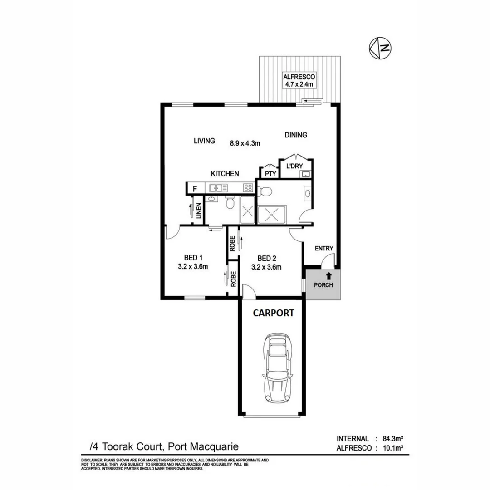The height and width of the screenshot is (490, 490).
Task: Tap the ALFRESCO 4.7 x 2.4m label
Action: pyautogui.click(x=299, y=80)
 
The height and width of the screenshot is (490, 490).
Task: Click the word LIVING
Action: pyautogui.click(x=204, y=141)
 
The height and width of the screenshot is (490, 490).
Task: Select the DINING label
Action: pyautogui.click(x=296, y=135)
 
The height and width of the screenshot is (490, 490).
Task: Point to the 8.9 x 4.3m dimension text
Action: pyautogui.click(x=245, y=143)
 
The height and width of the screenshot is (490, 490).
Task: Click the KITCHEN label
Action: pyautogui.click(x=225, y=173)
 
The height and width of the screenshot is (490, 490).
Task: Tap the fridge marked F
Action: pyautogui.click(x=195, y=188)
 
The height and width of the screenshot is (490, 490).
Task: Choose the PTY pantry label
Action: pyautogui.click(x=270, y=173)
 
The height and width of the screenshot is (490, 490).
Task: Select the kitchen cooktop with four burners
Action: pyautogui.click(x=248, y=187)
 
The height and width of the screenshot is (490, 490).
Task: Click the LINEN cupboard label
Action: pyautogui.click(x=199, y=211)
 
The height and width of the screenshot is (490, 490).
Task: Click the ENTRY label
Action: pyautogui.click(x=324, y=248)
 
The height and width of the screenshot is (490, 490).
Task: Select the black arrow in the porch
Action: pyautogui.click(x=328, y=275)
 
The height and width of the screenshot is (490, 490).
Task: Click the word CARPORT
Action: pyautogui.click(x=273, y=313)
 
